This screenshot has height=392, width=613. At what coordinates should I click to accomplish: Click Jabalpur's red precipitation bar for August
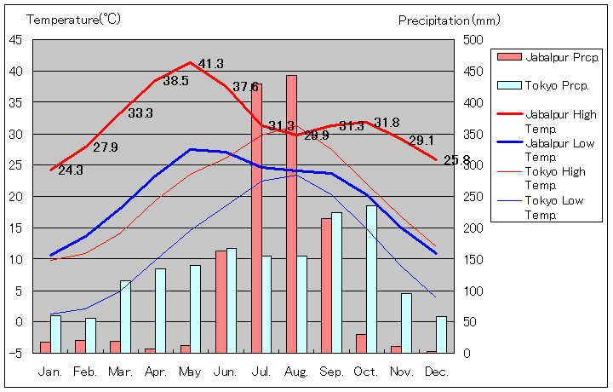[291, 213]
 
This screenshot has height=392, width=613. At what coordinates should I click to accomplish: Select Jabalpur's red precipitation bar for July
[256, 217]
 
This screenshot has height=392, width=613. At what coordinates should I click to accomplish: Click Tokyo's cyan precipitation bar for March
[125, 316]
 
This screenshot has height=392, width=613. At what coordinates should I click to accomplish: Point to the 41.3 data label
[210, 64]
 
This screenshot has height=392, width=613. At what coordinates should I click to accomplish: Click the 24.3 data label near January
[71, 170]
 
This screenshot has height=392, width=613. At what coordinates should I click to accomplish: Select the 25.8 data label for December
[456, 159]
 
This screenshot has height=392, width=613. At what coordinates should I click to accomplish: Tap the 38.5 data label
[175, 81]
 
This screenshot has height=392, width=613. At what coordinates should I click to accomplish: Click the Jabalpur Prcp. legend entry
[548, 57]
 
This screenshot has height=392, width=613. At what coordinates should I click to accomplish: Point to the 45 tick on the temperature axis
[16, 39]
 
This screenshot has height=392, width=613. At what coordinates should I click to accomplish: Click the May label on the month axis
[191, 372]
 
